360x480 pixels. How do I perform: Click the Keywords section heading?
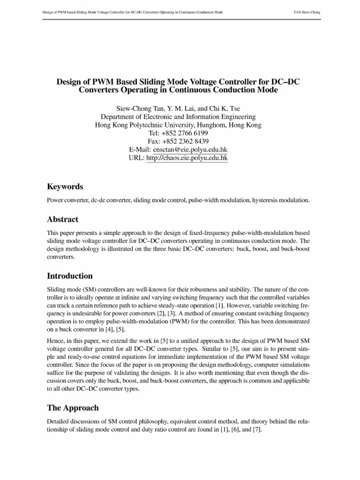(65, 187)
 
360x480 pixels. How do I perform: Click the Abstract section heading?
(63, 219)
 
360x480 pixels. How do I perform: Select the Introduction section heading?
(70, 276)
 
